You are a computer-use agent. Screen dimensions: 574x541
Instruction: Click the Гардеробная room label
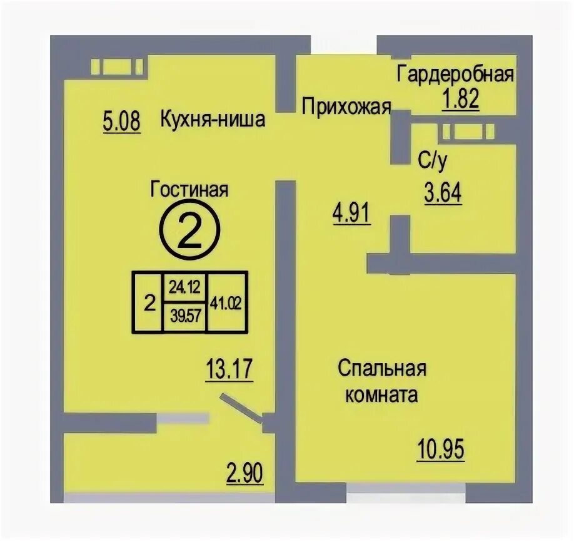click(x=455, y=75)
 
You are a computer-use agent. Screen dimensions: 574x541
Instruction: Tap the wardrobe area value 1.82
click(x=461, y=100)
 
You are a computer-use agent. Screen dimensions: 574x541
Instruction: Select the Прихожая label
click(x=346, y=107)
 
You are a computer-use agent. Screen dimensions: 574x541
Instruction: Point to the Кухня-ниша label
click(x=213, y=119)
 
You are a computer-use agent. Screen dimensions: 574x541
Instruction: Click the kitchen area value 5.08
click(x=122, y=122)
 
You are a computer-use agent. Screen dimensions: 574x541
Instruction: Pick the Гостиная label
click(x=189, y=190)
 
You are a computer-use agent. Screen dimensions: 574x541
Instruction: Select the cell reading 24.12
click(x=184, y=287)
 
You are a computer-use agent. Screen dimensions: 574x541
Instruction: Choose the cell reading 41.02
click(x=226, y=303)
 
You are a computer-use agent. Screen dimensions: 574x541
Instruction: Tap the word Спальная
click(x=382, y=369)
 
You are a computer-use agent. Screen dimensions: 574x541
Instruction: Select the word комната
click(x=381, y=395)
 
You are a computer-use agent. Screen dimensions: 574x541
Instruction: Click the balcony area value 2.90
click(x=244, y=473)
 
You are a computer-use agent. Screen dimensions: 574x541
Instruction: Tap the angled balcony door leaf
click(x=241, y=408)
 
